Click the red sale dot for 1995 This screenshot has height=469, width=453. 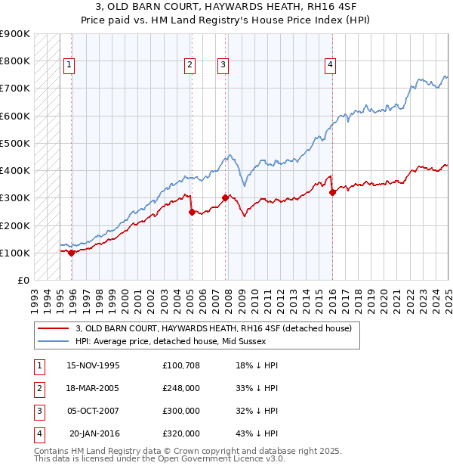tap(72, 253)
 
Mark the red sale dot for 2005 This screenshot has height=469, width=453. tap(192, 213)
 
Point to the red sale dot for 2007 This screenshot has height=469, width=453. tap(226, 198)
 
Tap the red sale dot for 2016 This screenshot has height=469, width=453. tap(333, 193)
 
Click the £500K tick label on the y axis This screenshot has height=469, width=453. tap(15, 143)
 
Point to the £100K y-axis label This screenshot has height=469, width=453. tap(15, 253)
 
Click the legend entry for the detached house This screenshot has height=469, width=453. tap(214, 328)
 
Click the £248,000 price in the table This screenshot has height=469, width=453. tap(181, 388)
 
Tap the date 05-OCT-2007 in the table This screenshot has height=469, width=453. tap(94, 411)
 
